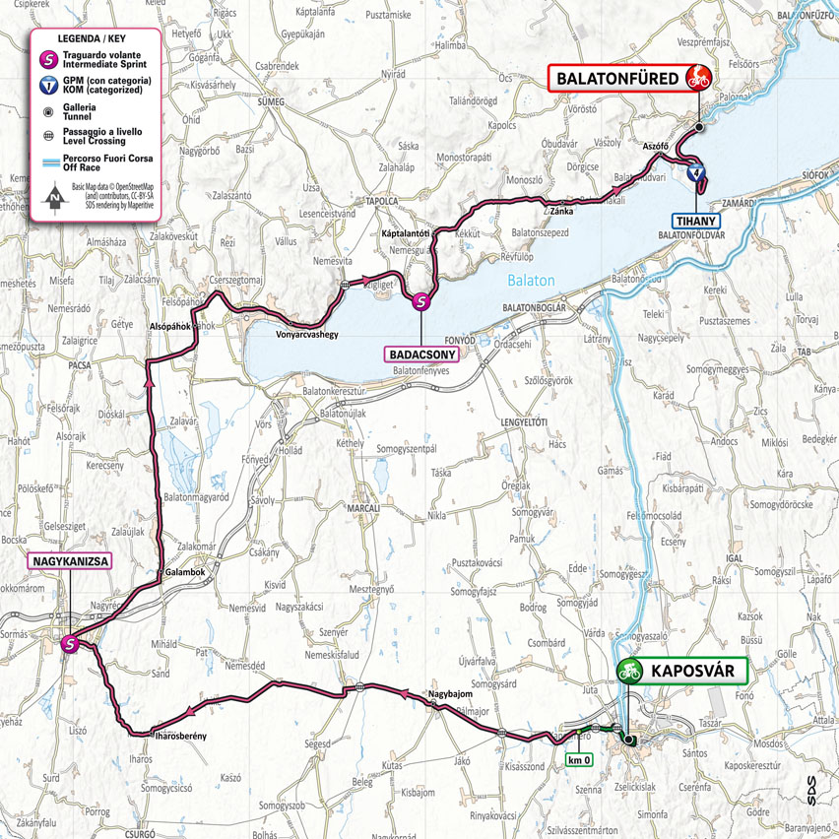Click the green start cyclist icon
coord(628,672)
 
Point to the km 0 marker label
coord(580,760)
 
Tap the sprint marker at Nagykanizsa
coord(70,645)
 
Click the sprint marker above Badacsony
coord(421,303)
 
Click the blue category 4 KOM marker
coord(696,174)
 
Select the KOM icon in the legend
coord(47,84)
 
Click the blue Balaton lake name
coord(532,281)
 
